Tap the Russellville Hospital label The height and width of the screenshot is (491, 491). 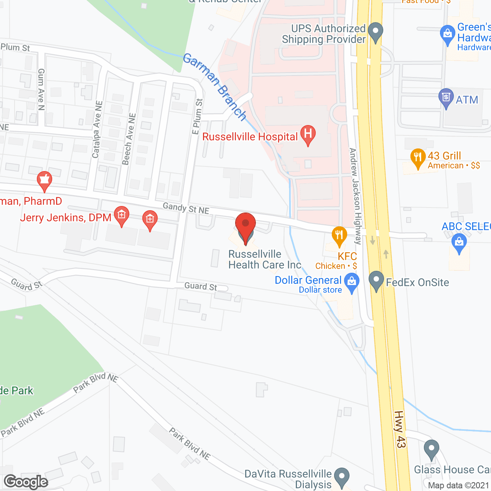[250, 137]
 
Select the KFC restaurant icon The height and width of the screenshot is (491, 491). [339, 235]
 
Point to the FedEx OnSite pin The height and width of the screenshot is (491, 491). [376, 280]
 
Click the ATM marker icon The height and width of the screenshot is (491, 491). [446, 97]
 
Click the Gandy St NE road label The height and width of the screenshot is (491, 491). [186, 208]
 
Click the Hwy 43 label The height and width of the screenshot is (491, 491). [400, 429]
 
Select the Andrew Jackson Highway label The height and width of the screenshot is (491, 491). [355, 196]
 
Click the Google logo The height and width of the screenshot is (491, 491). [26, 482]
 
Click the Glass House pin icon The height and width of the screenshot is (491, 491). [432, 449]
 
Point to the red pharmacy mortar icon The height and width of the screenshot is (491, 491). [44, 180]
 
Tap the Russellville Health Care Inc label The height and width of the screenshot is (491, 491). [265, 260]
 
